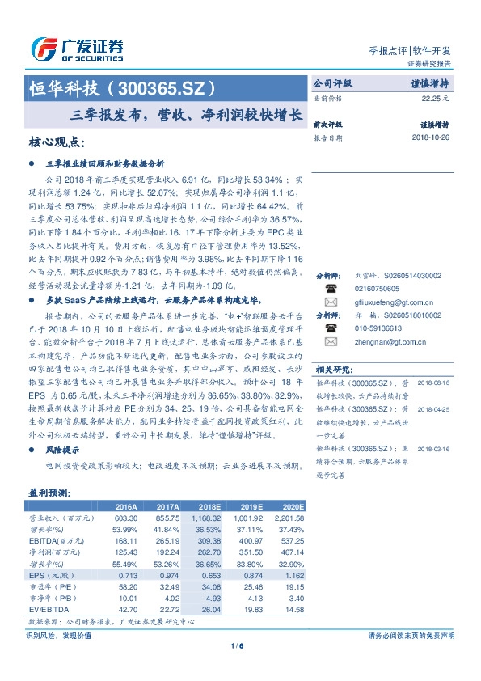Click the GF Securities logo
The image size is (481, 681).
[x=77, y=49]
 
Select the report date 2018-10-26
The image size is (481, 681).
[x=430, y=138]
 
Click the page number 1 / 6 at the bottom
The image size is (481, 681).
[x=239, y=645]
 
